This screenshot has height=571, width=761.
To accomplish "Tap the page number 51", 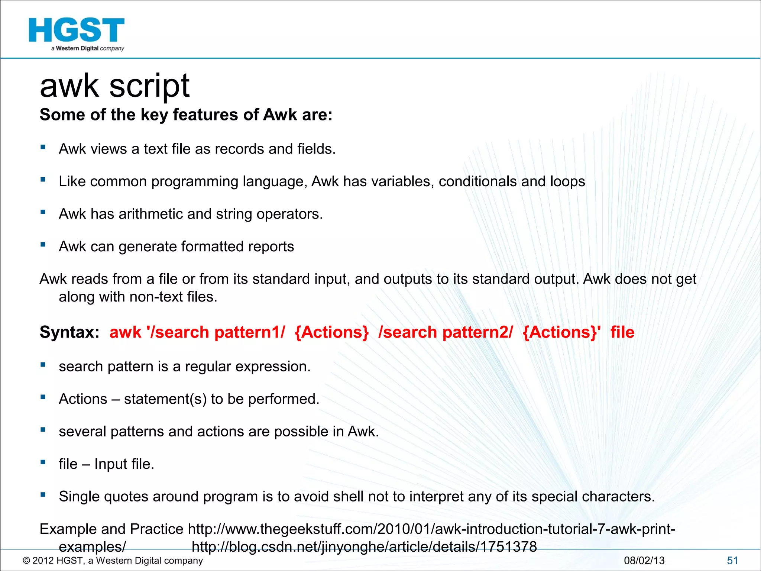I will [x=732, y=561].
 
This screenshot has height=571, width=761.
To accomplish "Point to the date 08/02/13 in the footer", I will [x=644, y=561].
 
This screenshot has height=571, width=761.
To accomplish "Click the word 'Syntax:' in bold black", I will [x=69, y=332].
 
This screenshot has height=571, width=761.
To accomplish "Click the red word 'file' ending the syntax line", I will [x=622, y=332].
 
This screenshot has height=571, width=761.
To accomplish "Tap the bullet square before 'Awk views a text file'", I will [x=43, y=147].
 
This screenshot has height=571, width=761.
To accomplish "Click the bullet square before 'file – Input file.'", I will [x=43, y=462].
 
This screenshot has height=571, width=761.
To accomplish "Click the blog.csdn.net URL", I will [x=364, y=546].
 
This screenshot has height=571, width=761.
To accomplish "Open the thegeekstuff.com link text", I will [x=431, y=529].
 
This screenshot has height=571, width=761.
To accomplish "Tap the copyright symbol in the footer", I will [x=26, y=561].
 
